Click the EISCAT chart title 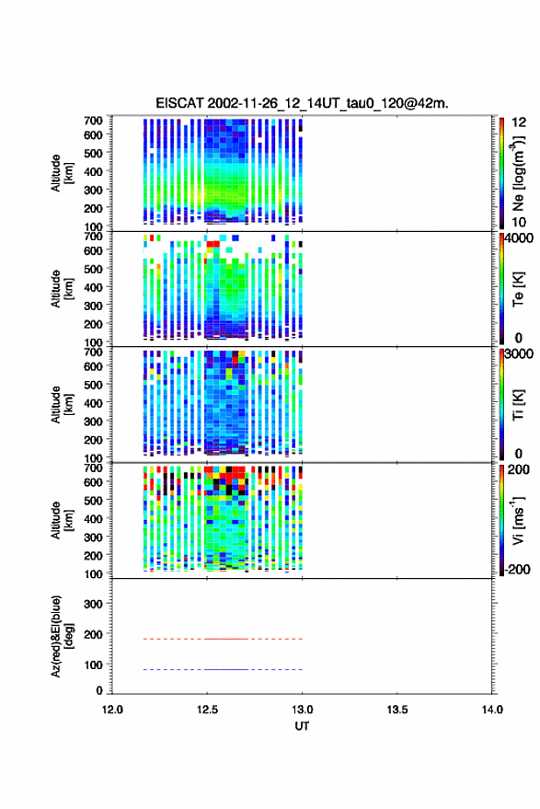coord(302,103)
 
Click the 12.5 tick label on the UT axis coord(207,710)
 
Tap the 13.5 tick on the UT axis coord(397,710)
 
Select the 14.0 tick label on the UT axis coord(492,710)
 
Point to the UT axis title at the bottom coord(302,726)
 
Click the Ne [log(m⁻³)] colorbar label coord(518,173)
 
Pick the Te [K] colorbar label coord(518,289)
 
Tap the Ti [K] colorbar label coord(518,405)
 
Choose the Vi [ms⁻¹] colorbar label coord(518,520)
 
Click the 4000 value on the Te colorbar coord(519,238)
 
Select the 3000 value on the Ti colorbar coord(519,354)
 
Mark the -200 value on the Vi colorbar coord(517,569)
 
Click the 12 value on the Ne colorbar coord(519,122)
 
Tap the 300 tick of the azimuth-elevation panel coord(93,604)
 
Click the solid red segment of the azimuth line coord(227,639)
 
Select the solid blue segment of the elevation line coord(227,669)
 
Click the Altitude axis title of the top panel coord(62,173)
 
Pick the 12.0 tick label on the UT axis coord(112,710)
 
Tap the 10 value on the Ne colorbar coord(519,223)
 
